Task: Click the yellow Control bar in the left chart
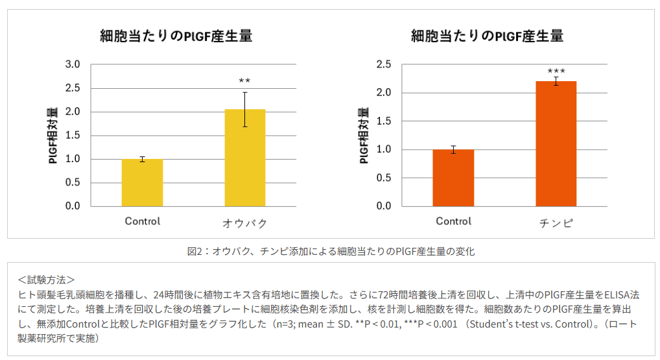(x=142, y=182)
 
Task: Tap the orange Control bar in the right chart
(x=453, y=178)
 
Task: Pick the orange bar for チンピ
(x=556, y=144)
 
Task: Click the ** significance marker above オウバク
(x=244, y=81)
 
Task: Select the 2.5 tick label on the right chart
(x=384, y=64)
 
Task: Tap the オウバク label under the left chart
(x=244, y=223)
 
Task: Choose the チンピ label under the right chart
(x=556, y=223)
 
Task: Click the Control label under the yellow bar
(x=142, y=221)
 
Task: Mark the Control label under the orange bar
(x=453, y=221)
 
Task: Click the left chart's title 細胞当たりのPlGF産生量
(x=176, y=36)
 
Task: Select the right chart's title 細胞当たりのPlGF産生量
(x=487, y=36)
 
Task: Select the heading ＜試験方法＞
(x=47, y=280)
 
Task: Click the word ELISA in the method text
(x=619, y=294)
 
